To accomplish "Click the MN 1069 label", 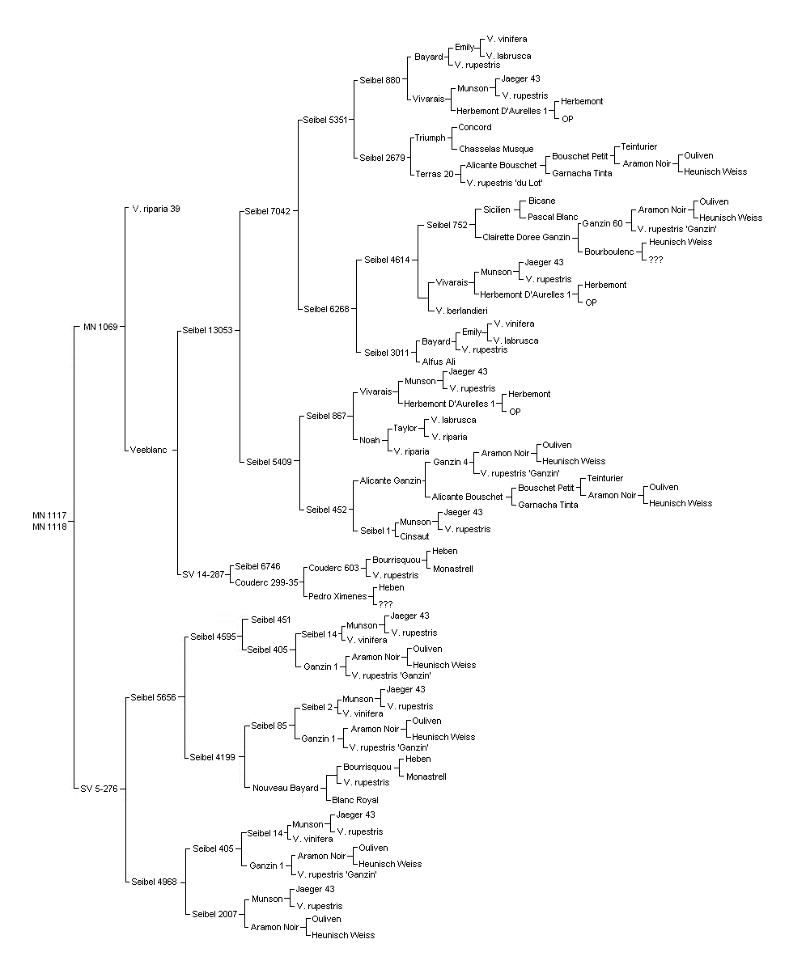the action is pos(100,327).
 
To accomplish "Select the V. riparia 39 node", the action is pos(155,209).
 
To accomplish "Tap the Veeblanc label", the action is pos(148,450).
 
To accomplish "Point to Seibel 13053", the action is pos(208,330).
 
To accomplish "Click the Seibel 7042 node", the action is pos(267,211).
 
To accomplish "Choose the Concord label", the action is pos(475,127).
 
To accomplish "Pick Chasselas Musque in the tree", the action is pos(496,149).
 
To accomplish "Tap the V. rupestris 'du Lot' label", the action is pos(504,183).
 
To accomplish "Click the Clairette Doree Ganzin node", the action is pos(527,237).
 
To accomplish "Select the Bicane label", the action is pos(542,201).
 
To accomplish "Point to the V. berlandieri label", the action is pos(462,311).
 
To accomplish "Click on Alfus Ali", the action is pos(439,362).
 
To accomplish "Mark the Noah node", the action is pos(370,440).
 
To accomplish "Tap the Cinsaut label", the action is pos(414,536).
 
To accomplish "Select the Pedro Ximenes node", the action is pos(337,596).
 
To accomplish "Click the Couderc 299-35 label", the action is pos(266,582).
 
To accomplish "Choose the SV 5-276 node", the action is pos(99,789).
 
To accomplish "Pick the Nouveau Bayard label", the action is pos(286,788).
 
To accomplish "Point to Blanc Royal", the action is pos(354,800).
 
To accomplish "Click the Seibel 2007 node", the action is pos(214,914).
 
